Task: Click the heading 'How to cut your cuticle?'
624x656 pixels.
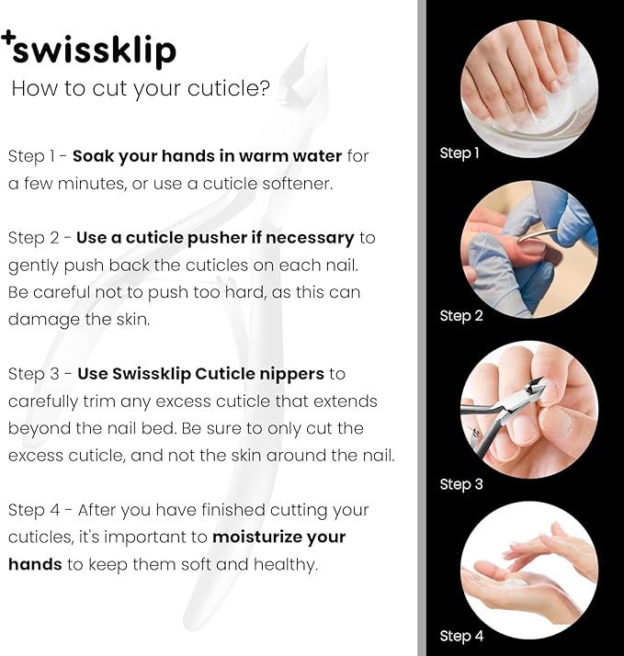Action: click(140, 89)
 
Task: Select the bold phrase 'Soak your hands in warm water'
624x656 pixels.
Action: click(207, 155)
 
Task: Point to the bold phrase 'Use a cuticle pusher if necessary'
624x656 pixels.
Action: click(215, 237)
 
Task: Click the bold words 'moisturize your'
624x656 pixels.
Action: click(279, 537)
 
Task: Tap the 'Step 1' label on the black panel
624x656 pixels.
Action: click(459, 153)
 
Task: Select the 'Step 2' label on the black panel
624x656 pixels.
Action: click(460, 316)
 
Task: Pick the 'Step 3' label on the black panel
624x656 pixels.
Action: click(460, 484)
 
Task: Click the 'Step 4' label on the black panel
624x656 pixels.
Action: click(460, 636)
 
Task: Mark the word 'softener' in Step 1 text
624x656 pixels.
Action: click(290, 183)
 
